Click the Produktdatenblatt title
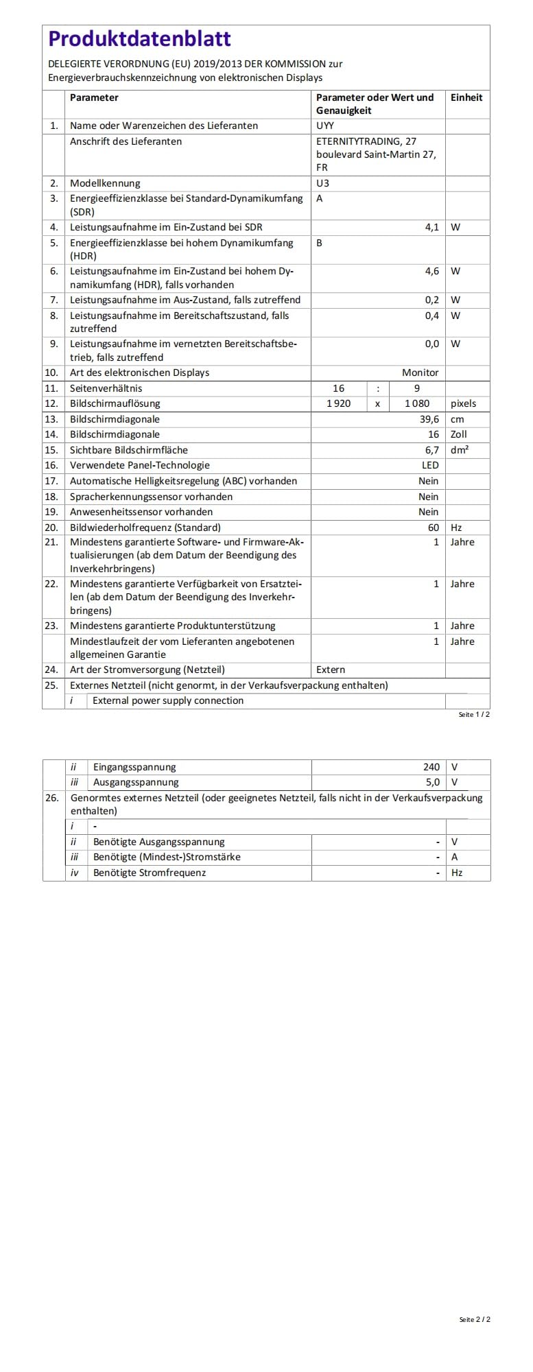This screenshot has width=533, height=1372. click(139, 39)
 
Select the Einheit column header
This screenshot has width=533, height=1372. click(466, 97)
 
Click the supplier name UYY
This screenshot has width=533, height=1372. click(325, 126)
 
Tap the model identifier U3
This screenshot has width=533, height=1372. click(322, 183)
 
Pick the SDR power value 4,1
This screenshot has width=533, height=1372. click(431, 227)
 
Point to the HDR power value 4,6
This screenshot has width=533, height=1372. click(431, 271)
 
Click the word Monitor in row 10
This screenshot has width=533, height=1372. click(420, 372)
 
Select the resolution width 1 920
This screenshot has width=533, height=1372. click(338, 403)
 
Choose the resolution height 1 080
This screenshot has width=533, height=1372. click(416, 403)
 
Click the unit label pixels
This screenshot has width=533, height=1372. click(463, 403)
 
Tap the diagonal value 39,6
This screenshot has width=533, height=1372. click(429, 419)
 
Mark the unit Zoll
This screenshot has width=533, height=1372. click(458, 434)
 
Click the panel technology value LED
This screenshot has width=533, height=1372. click(430, 465)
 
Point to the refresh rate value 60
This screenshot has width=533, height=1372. click(433, 528)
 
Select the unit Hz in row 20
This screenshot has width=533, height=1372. click(456, 528)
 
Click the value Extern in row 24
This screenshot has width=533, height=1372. click(331, 670)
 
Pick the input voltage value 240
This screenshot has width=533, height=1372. click(431, 767)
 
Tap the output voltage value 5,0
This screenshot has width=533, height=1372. click(432, 782)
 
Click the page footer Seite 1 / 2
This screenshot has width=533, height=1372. click(474, 714)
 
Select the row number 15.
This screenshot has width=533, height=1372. click(51, 450)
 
